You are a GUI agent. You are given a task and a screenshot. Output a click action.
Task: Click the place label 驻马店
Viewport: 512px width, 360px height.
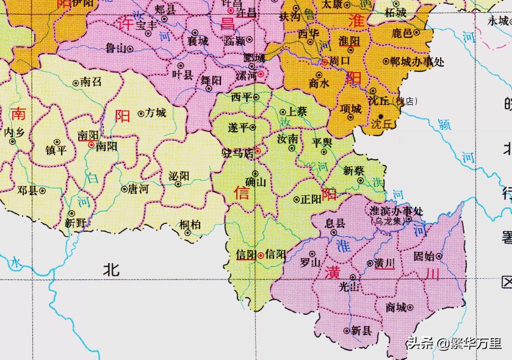coord(240,154)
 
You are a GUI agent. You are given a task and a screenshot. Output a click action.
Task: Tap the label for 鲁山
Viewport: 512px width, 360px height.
coord(116,46)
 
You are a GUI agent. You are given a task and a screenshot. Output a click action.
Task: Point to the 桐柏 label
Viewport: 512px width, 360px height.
coord(190,225)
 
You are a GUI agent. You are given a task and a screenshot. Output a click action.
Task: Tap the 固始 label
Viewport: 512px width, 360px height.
coord(424,256)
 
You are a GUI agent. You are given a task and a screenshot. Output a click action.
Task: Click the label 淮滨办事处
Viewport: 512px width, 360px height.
coord(396,211)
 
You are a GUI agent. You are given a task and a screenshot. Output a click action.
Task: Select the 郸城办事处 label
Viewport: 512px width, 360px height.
coord(417,61)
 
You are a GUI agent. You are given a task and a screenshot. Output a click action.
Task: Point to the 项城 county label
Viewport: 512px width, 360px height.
coord(351,109)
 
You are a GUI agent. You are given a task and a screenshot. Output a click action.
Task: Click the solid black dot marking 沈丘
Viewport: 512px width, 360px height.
coord(381,116)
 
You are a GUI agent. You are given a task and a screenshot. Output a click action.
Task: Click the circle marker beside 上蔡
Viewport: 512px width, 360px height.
coord(283,112)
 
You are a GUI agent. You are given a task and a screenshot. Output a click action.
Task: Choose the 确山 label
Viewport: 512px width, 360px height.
coord(255,182)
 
